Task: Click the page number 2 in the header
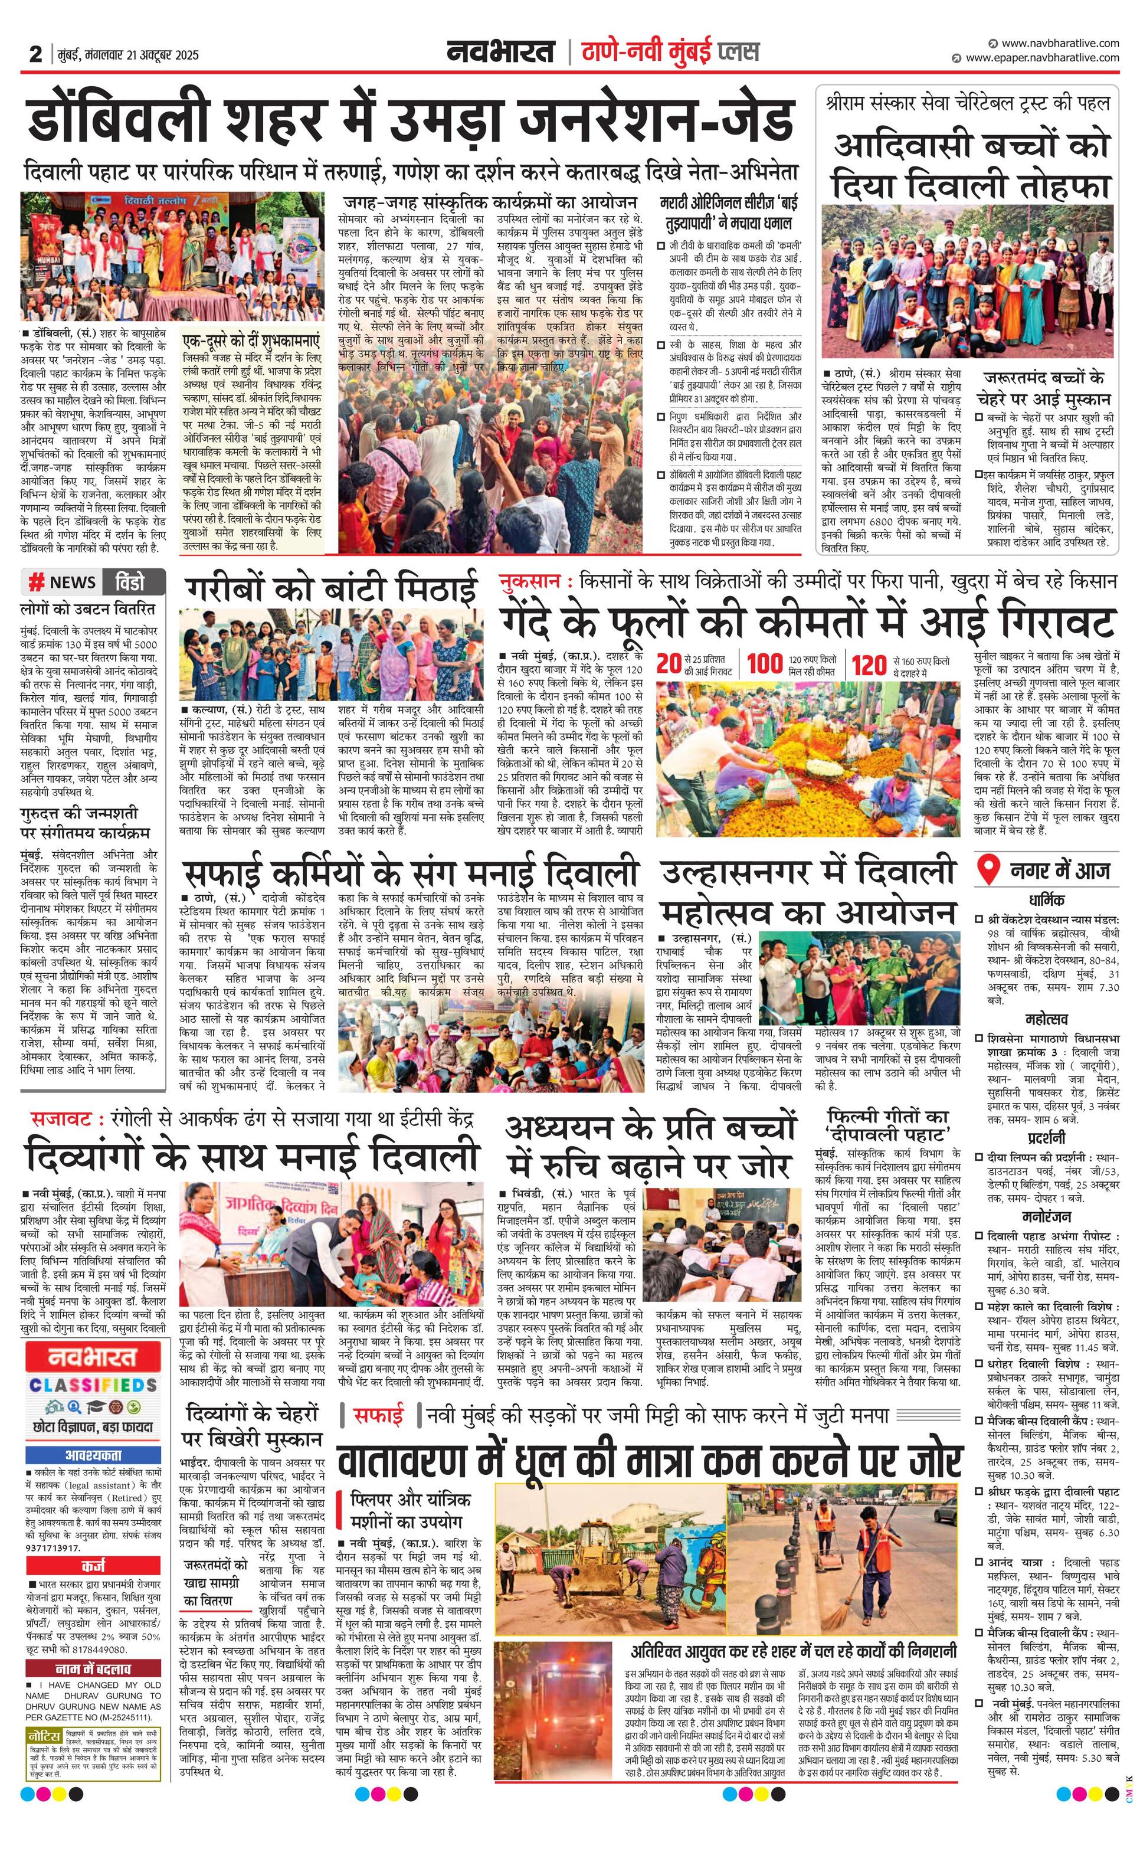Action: (x=35, y=54)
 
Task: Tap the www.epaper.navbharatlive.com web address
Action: (x=1042, y=58)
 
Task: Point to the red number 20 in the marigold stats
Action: (x=669, y=663)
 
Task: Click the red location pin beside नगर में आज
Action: (x=987, y=869)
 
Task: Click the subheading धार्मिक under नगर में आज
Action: (x=1047, y=899)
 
